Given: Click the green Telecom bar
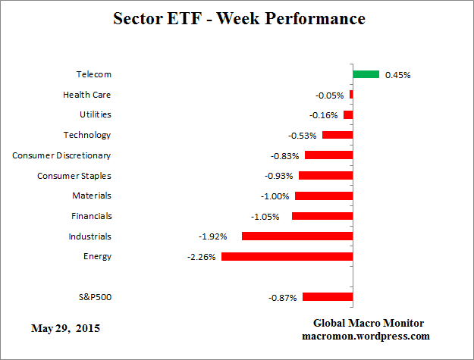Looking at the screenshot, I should point(366,74).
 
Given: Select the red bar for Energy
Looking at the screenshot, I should point(287,256).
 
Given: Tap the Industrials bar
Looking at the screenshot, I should point(297,236).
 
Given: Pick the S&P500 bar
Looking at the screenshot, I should point(328,297).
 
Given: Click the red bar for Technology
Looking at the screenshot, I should point(337,135).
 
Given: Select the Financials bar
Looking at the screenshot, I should point(322,216).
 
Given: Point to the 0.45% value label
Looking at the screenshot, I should point(398,75).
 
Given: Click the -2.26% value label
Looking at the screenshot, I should point(202,257).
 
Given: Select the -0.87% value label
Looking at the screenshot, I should point(282,298).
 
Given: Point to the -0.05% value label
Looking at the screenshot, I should point(329,95).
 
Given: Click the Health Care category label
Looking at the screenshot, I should point(86,95).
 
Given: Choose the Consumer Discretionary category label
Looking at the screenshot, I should point(61,155).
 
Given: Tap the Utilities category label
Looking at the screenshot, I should point(95,114).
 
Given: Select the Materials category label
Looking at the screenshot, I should point(91,196).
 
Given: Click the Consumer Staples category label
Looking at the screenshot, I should point(74,176).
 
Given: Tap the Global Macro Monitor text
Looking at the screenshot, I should point(369,323).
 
